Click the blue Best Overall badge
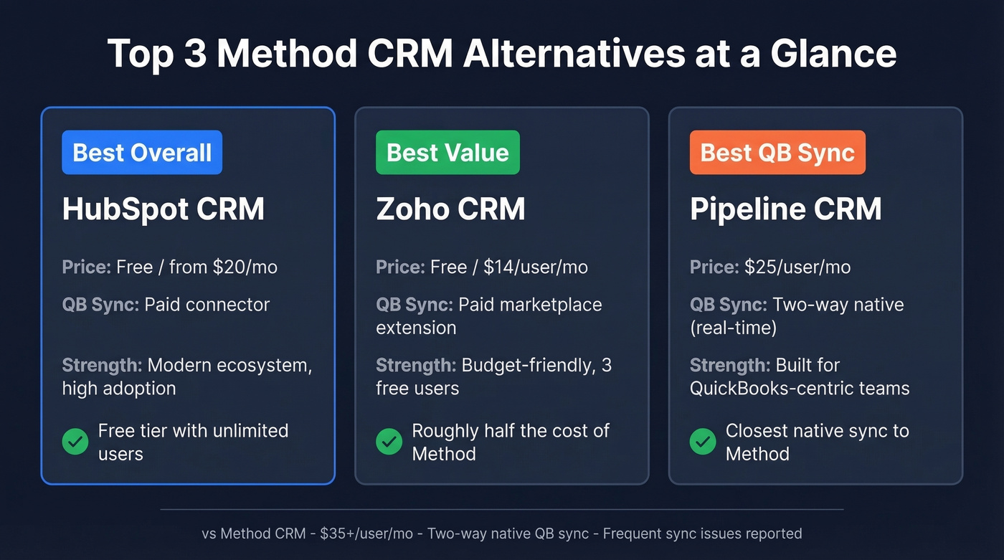click(x=142, y=153)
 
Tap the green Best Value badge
click(x=447, y=153)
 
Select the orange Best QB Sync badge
click(x=777, y=153)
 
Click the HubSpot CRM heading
click(x=164, y=209)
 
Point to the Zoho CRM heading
click(x=450, y=209)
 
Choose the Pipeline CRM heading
click(x=785, y=209)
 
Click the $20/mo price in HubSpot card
click(x=245, y=267)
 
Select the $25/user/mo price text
click(x=797, y=267)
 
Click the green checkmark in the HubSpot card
click(x=75, y=442)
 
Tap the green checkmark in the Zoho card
click(x=389, y=442)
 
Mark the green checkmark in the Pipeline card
click(x=703, y=442)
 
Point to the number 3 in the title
click(x=194, y=54)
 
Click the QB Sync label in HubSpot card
click(x=100, y=304)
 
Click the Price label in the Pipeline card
click(x=714, y=267)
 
